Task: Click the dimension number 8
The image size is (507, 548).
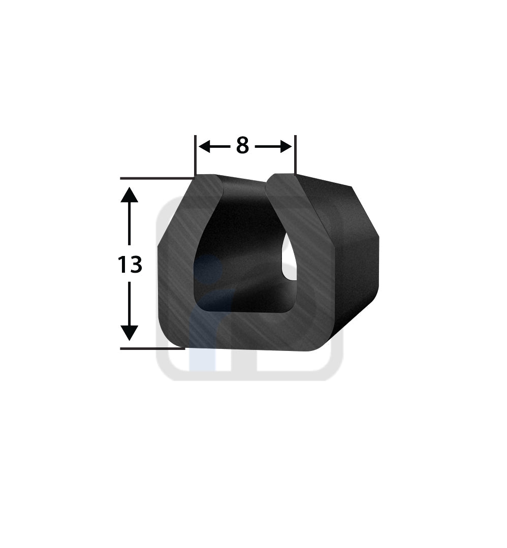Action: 242,146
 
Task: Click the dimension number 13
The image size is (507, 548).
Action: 130,265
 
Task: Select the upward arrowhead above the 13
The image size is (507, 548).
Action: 130,195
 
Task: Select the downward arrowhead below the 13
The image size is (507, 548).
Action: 130,333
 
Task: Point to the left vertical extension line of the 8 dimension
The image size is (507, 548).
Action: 195,155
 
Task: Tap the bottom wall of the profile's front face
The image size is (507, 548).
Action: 244,333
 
